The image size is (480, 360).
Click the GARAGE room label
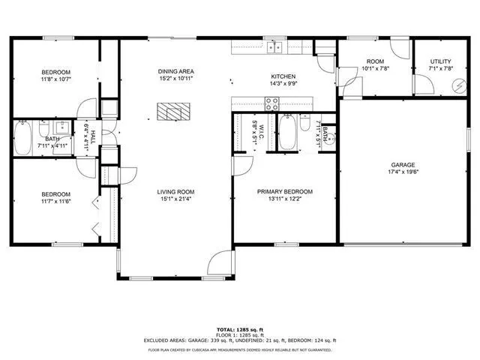point(402,165)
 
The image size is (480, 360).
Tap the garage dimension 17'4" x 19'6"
point(402,172)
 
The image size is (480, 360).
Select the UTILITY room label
point(440,61)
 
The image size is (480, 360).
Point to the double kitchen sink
point(275,47)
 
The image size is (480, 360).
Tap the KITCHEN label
point(283,76)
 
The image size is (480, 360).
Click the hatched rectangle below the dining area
point(172,111)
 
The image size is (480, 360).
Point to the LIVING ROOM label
point(176,191)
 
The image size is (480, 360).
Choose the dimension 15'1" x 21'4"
point(176,199)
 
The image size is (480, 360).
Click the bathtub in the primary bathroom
point(288,133)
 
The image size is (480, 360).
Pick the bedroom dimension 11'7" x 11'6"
point(56,201)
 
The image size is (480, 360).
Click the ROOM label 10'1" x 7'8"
point(374,61)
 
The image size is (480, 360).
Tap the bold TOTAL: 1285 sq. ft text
point(240,329)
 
